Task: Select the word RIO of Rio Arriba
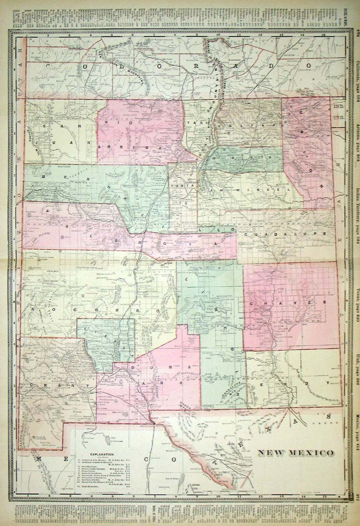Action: (x=110, y=122)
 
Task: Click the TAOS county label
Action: (x=193, y=124)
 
